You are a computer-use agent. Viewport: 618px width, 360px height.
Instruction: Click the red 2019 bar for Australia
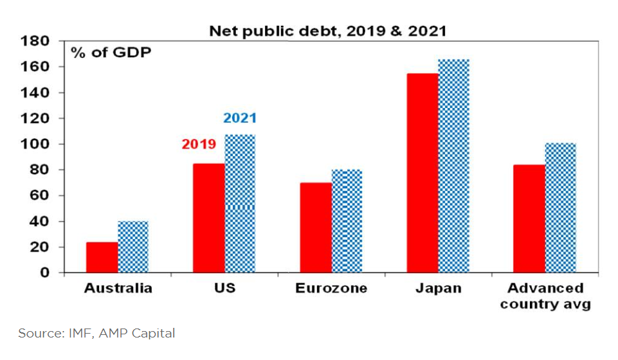coord(102,257)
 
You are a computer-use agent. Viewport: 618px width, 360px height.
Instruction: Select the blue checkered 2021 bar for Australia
coord(133,247)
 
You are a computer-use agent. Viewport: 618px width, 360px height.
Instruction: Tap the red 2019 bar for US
coord(209,218)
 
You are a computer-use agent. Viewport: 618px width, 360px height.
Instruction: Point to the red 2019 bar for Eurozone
coord(316,228)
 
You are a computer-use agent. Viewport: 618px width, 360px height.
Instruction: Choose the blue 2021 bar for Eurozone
coord(347,221)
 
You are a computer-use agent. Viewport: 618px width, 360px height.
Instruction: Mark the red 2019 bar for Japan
coord(423,173)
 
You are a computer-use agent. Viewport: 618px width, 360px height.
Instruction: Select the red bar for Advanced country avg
coord(529,219)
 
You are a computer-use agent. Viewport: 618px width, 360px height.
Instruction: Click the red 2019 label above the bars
coord(199,144)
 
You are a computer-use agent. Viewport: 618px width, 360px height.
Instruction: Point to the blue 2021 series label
coord(240,118)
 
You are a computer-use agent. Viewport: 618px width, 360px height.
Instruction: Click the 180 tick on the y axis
coord(35,42)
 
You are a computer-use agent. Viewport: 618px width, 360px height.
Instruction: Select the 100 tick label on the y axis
coord(35,145)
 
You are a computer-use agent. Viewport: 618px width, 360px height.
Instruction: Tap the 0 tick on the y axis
coord(44,273)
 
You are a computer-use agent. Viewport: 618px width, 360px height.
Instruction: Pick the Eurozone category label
coord(331,288)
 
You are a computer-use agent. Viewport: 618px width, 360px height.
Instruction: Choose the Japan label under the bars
coord(439,288)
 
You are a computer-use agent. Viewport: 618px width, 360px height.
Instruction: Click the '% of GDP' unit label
coord(111,53)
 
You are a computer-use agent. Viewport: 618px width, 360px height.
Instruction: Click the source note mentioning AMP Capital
coord(96,333)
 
